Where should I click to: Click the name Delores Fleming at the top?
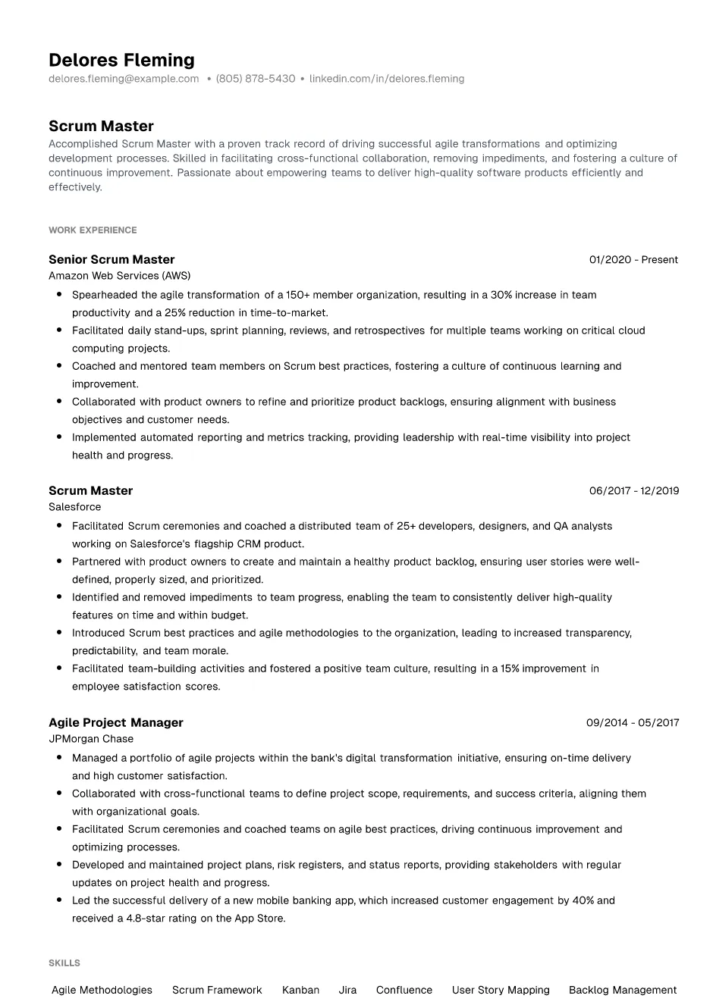[121, 60]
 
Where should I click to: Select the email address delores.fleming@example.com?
[124, 79]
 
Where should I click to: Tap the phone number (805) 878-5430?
[256, 79]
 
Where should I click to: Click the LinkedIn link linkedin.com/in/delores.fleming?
[387, 79]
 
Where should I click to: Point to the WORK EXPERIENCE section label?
[93, 230]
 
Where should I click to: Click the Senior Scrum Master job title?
[112, 259]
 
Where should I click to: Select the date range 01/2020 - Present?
[633, 259]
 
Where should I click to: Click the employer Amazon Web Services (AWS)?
[119, 276]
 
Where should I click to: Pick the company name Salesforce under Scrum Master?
[74, 507]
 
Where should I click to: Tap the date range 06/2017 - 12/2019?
[634, 490]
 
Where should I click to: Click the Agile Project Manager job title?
[116, 722]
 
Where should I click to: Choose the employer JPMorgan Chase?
[91, 739]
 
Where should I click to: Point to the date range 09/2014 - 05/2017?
[633, 722]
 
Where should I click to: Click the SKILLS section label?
[64, 963]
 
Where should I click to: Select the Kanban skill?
[300, 990]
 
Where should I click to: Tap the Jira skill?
[347, 990]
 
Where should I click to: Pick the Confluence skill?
[404, 990]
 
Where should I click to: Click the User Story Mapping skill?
[501, 990]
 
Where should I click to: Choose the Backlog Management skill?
[623, 990]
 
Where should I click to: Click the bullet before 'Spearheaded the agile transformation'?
[58, 295]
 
